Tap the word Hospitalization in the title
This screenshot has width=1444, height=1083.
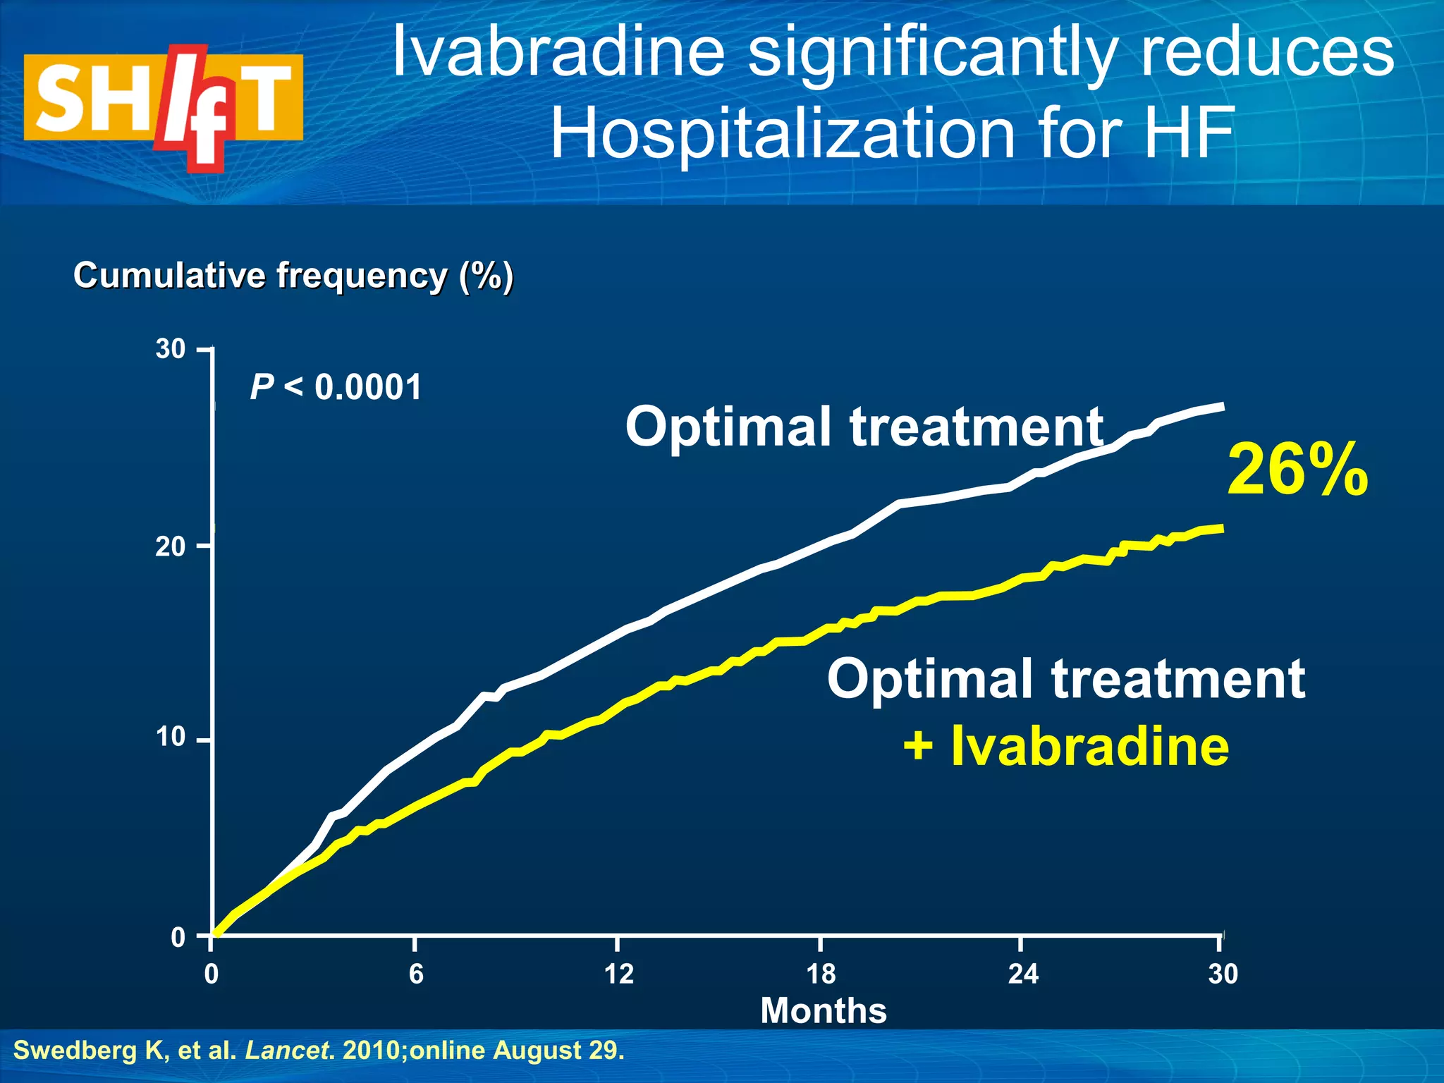783,133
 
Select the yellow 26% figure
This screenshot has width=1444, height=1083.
1297,470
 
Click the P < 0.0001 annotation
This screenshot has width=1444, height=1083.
336,387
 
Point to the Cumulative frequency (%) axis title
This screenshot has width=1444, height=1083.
293,275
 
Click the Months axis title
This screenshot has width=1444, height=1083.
823,1010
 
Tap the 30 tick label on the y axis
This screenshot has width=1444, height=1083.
171,349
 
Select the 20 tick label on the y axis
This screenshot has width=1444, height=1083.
171,546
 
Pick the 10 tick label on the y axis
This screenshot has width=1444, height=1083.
171,738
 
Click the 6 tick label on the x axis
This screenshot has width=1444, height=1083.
416,974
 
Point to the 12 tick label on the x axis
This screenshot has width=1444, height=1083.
618,974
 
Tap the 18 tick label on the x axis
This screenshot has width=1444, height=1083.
821,974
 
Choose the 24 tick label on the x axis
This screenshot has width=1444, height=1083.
1023,974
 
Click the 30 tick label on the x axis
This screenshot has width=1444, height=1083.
1223,974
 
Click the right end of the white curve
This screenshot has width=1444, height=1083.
1222,407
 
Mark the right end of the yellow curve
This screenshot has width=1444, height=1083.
1220,528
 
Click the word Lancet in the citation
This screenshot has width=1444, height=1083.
288,1051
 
